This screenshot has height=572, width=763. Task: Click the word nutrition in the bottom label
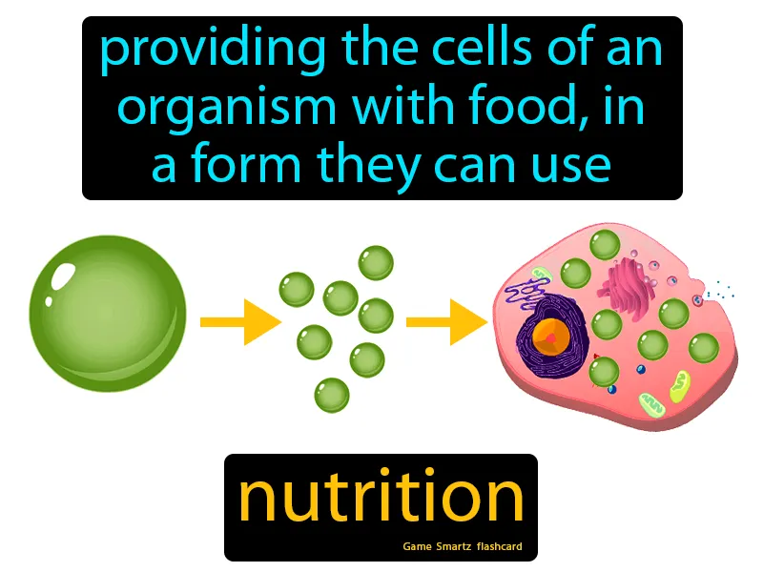click(x=381, y=498)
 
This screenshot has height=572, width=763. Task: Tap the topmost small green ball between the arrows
click(x=375, y=262)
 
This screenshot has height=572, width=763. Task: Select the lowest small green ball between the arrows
click(x=332, y=394)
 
